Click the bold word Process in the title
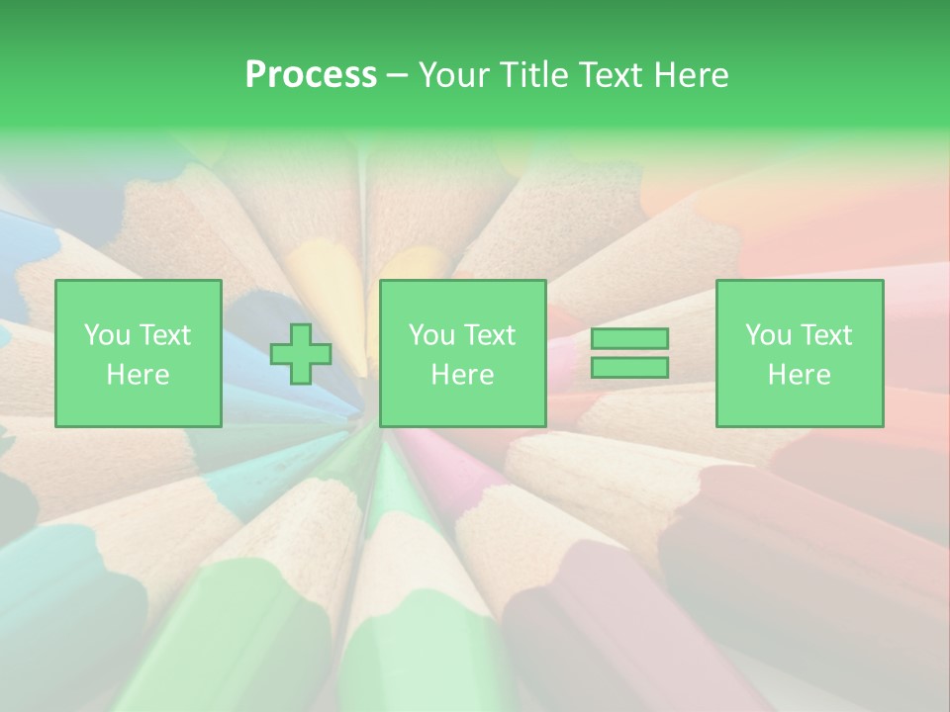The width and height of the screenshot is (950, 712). point(311,75)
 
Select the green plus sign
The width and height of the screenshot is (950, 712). point(301,354)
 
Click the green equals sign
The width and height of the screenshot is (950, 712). point(629,353)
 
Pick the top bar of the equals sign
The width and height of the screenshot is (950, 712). point(629,339)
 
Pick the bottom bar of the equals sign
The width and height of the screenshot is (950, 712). point(629,367)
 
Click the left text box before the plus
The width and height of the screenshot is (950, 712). point(139,354)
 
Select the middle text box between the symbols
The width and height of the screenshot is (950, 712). point(463,354)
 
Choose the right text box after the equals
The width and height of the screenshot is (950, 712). point(800,354)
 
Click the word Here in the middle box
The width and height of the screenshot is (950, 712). point(463,375)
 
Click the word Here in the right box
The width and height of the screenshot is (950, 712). point(800,375)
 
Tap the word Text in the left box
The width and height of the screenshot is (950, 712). point(164,335)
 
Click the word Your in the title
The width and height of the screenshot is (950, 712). point(452,75)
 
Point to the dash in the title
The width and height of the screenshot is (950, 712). point(397,75)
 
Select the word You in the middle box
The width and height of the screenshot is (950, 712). point(431,335)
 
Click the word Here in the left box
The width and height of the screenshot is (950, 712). point(139,375)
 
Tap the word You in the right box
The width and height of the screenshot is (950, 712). point(768,335)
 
